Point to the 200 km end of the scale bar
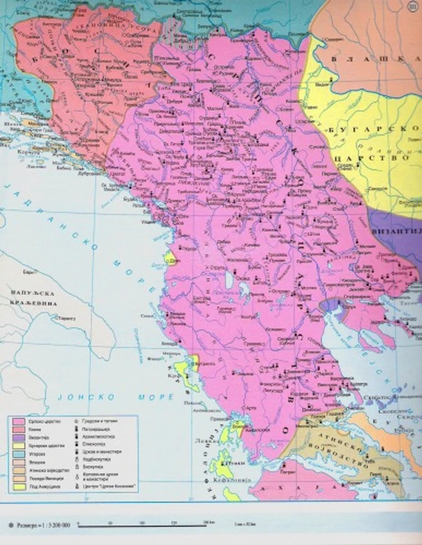click(x=205, y=523)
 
